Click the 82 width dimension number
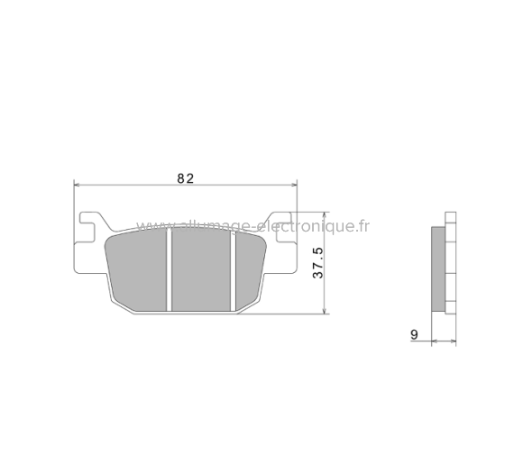coord(185,178)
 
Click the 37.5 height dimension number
coord(317,263)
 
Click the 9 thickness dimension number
coord(414,334)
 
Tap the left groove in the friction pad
coord(169,270)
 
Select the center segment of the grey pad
coord(201,270)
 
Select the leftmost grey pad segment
coord(138,270)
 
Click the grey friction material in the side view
coord(438,267)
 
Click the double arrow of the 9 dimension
coord(444,341)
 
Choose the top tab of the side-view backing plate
coord(451,220)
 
